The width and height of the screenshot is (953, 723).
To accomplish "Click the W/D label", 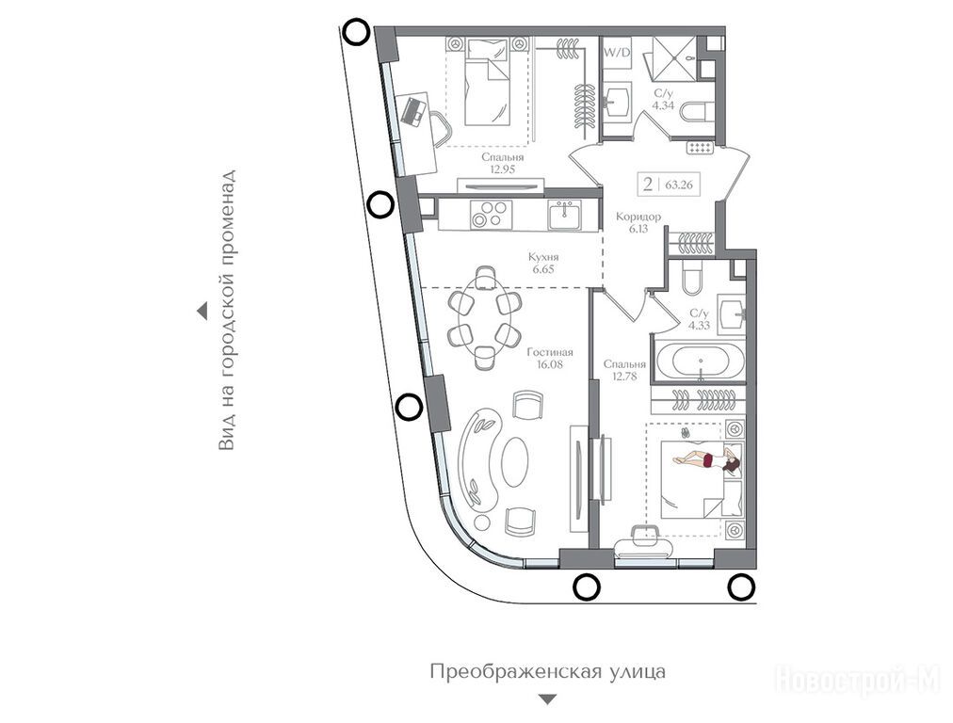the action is [x=616, y=53].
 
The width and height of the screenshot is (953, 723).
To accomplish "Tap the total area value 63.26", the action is [x=679, y=185].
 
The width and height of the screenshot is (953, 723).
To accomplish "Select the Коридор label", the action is [x=638, y=217].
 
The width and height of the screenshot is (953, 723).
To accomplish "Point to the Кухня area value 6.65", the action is [x=543, y=269].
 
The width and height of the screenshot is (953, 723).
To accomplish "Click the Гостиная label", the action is [x=550, y=352].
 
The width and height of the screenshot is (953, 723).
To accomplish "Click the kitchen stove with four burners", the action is [x=491, y=215].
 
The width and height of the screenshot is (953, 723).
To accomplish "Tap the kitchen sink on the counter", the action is [x=566, y=215].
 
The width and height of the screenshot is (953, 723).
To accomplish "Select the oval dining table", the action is [x=484, y=316].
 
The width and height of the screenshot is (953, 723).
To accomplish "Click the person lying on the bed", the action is [x=707, y=460].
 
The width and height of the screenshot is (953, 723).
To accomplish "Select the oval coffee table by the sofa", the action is [x=515, y=461].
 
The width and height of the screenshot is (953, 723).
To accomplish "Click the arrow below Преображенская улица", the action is [x=548, y=699].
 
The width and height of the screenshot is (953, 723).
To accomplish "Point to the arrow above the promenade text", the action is [x=202, y=312].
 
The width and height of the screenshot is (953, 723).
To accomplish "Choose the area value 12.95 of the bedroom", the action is [x=503, y=169].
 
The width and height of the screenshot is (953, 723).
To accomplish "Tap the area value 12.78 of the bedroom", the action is [x=624, y=376].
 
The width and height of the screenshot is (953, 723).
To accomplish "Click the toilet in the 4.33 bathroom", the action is [x=692, y=277].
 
